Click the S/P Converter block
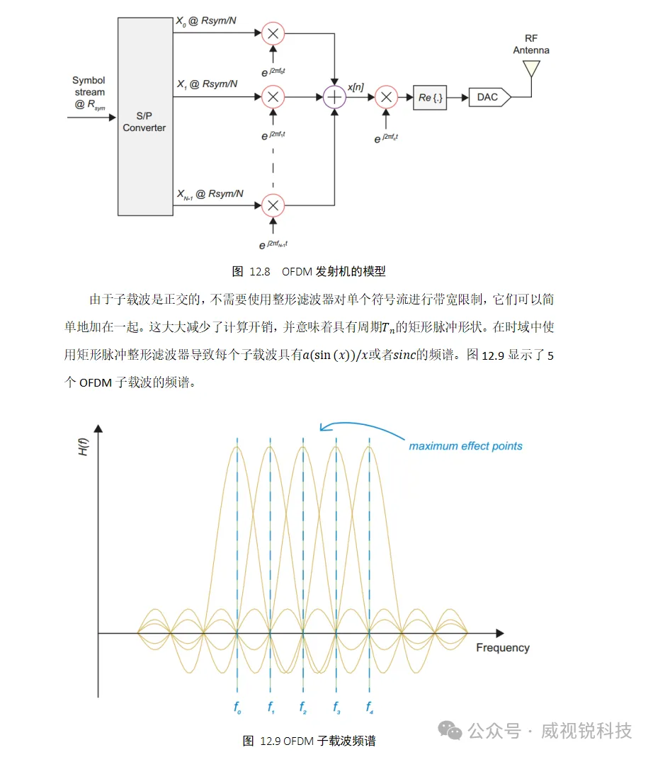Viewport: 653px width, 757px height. (x=145, y=116)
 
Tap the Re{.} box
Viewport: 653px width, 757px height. (x=430, y=98)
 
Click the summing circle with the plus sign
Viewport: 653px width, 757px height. (x=334, y=98)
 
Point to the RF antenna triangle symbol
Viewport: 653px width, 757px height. (x=531, y=68)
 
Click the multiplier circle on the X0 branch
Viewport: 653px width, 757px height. (x=273, y=34)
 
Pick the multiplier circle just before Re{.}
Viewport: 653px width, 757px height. (x=386, y=98)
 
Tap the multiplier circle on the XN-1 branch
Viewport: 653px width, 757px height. (x=273, y=205)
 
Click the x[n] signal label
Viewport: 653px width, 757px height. (x=356, y=87)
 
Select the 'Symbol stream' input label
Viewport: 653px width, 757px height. (x=89, y=86)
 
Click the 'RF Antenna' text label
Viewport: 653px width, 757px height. (x=531, y=44)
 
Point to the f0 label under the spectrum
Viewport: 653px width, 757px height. (x=237, y=707)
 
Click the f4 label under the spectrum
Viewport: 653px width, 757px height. (x=370, y=707)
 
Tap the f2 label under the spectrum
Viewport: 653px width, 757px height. (x=303, y=707)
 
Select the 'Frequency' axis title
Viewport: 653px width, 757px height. (x=503, y=648)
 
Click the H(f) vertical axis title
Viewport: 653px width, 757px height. (x=83, y=447)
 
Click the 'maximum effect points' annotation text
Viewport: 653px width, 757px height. (x=465, y=446)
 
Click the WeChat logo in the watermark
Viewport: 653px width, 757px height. (x=450, y=731)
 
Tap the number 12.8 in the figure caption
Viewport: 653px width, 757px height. (x=260, y=272)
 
